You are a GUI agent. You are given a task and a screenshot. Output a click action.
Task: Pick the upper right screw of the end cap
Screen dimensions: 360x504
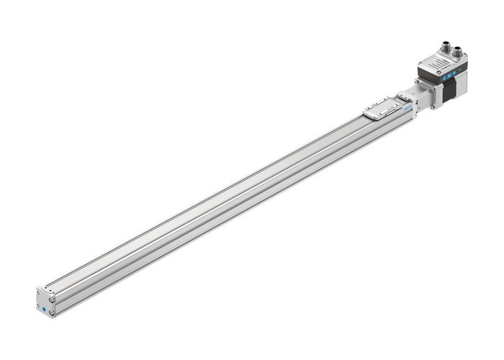point(53,300)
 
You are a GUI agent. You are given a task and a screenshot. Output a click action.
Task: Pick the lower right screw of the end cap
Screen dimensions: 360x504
point(51,313)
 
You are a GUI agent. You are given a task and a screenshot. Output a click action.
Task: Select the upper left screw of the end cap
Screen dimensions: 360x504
point(39,293)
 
